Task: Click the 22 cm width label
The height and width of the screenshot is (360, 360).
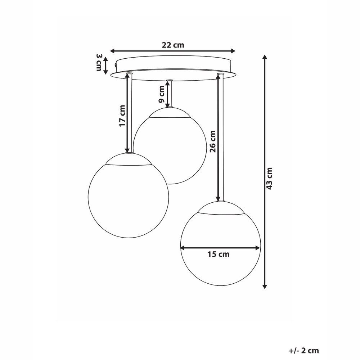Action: (173, 45)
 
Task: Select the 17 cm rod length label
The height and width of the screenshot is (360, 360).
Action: (122, 116)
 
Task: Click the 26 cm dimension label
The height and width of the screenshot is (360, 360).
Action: (213, 141)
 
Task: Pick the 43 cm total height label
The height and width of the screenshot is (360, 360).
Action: (270, 178)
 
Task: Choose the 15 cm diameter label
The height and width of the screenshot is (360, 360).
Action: (218, 255)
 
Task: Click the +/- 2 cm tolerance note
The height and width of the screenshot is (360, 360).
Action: (303, 350)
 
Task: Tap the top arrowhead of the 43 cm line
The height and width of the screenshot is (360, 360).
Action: (265, 57)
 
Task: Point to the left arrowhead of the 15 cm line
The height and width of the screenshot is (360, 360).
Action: (183, 248)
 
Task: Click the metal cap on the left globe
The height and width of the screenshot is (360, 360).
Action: (128, 159)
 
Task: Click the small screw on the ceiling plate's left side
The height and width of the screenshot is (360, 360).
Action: (115, 65)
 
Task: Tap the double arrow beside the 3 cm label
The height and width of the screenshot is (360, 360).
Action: (106, 66)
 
